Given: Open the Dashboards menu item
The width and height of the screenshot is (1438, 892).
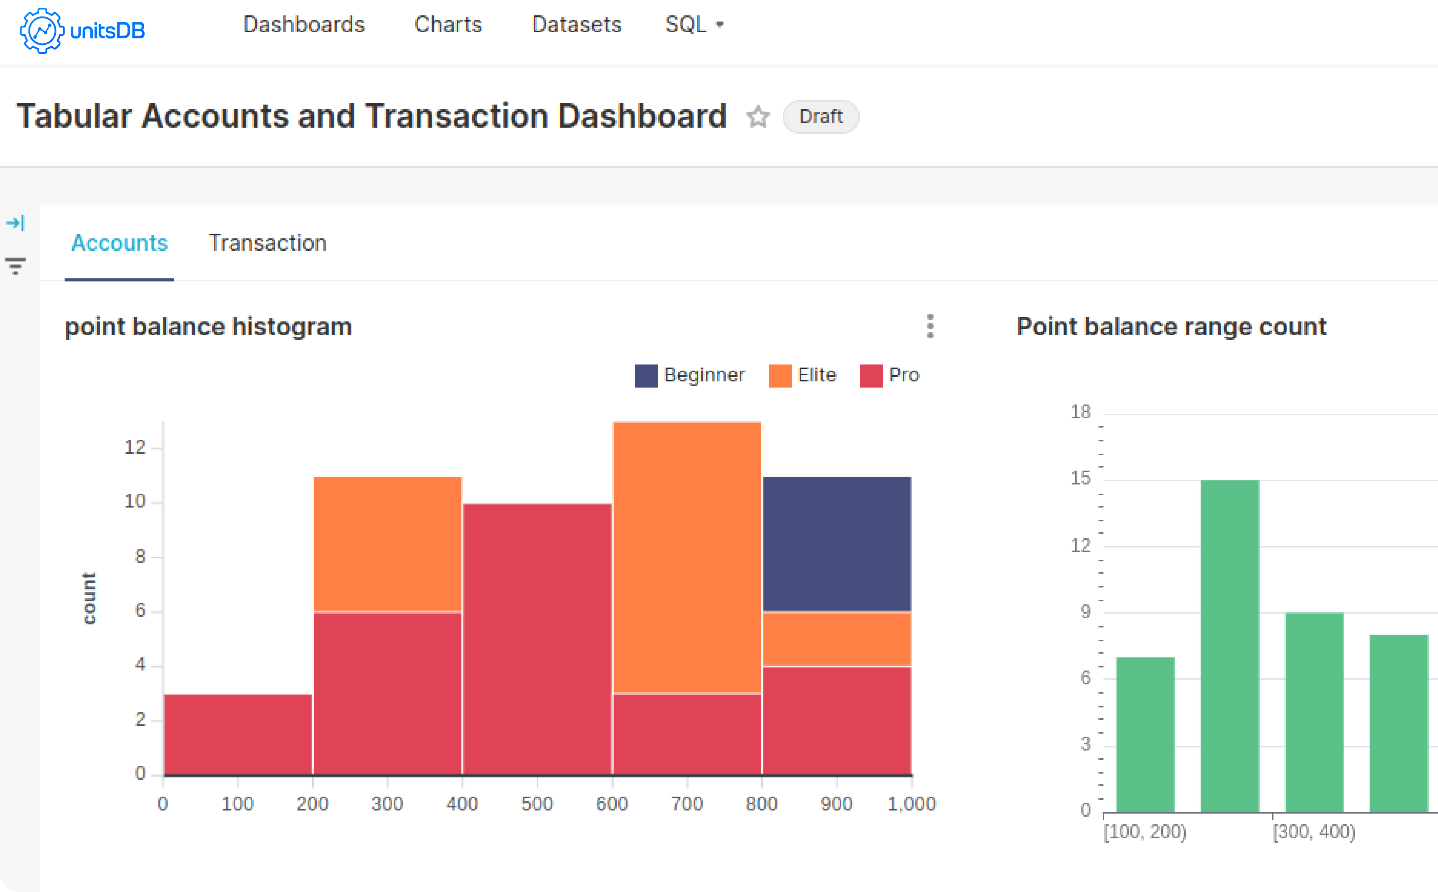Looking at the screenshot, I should (x=304, y=25).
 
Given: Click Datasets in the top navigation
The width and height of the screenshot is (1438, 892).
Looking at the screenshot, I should (x=576, y=25).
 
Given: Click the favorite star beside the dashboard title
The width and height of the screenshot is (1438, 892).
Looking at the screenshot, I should (x=757, y=117).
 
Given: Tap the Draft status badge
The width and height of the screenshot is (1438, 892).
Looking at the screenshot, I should (x=821, y=117).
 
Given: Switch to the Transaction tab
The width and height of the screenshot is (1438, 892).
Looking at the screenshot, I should (x=267, y=243).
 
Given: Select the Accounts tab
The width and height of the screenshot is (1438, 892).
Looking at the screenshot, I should (x=119, y=243).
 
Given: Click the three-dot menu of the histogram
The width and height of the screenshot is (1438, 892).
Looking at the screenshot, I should (x=930, y=326).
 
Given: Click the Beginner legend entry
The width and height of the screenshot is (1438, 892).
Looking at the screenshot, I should (x=690, y=375).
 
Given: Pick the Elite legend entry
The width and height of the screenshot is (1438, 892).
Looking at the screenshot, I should (x=803, y=375).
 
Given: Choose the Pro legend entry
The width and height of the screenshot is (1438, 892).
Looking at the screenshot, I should (x=889, y=375).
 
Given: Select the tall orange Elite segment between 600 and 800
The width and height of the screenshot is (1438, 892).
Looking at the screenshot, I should (x=687, y=557).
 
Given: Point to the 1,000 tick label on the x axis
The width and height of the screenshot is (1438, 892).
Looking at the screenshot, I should (x=911, y=804).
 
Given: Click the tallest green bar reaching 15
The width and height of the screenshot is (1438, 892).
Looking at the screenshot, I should (x=1230, y=646).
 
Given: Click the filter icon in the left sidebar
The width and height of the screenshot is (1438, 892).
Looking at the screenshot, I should (x=15, y=265).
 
